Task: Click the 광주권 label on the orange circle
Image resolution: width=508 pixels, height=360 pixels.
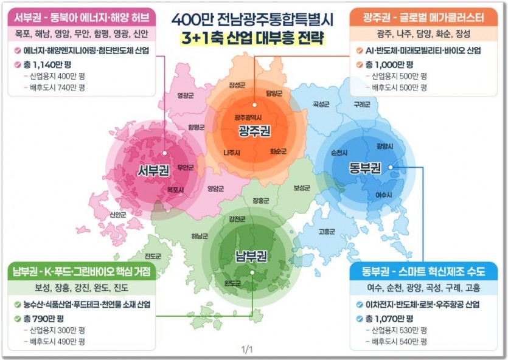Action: tap(254, 130)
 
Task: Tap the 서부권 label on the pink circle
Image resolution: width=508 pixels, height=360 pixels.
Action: tap(153, 170)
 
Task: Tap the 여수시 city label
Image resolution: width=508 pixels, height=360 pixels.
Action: tap(383, 195)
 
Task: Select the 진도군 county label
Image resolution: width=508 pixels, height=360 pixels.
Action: tap(153, 256)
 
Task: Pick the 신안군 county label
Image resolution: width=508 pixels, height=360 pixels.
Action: tap(118, 215)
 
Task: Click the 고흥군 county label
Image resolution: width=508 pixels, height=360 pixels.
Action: tap(327, 231)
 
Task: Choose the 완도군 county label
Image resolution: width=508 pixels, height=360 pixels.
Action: tap(232, 283)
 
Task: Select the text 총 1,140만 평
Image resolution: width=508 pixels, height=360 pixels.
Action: tap(47, 64)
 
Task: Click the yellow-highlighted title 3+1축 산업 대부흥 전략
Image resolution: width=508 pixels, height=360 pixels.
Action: tap(254, 39)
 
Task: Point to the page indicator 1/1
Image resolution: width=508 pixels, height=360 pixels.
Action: tap(246, 350)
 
